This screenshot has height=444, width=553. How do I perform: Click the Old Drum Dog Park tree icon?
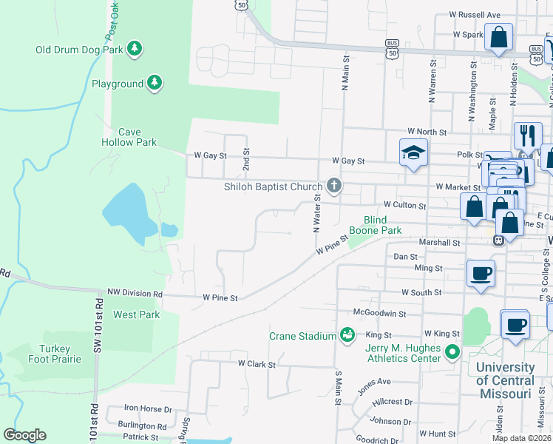point(134,49)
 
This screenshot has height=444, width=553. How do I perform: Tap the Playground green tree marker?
point(155,83)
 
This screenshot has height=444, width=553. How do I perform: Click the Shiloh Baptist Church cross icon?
point(334,186)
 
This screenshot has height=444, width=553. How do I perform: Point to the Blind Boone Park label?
point(382,225)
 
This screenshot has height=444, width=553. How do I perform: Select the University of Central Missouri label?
point(506,380)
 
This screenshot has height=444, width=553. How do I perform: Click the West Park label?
point(137,314)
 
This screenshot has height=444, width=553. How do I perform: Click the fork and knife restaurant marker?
point(527,135)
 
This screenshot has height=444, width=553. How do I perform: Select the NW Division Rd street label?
point(135,293)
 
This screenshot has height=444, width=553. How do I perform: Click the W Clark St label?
point(257,364)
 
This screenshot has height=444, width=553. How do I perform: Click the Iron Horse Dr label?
point(147,408)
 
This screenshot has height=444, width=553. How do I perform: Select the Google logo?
point(25,435)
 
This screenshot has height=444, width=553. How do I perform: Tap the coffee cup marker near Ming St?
point(481,274)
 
